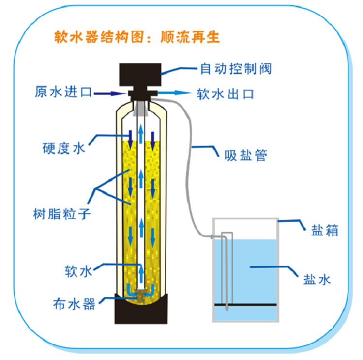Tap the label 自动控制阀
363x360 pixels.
click(236, 68)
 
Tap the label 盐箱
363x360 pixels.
click(317, 229)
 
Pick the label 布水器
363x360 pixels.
click(74, 304)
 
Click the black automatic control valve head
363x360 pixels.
click(140, 75)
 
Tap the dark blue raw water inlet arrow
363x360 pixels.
click(110, 93)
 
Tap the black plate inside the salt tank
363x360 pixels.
click(247, 305)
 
